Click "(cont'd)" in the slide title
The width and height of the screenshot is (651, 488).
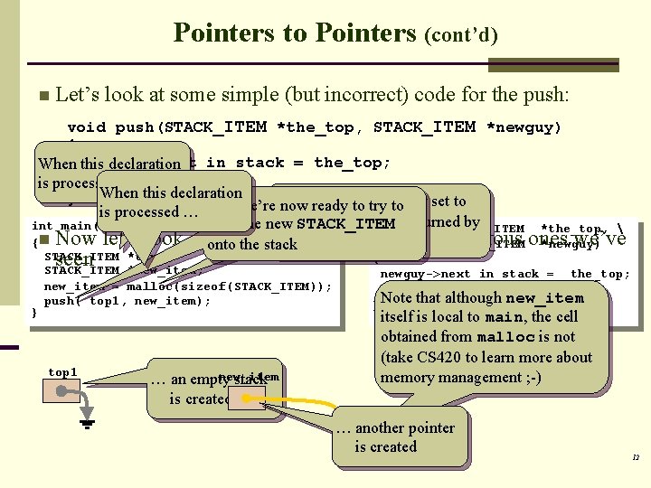tap(460, 35)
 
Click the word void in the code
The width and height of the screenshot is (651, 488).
tap(86, 127)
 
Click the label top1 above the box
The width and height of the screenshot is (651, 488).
tap(62, 372)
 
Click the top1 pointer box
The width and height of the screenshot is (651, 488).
tap(64, 396)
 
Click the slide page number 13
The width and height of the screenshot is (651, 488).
tap(635, 458)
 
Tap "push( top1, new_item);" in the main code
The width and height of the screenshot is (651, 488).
tap(127, 301)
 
